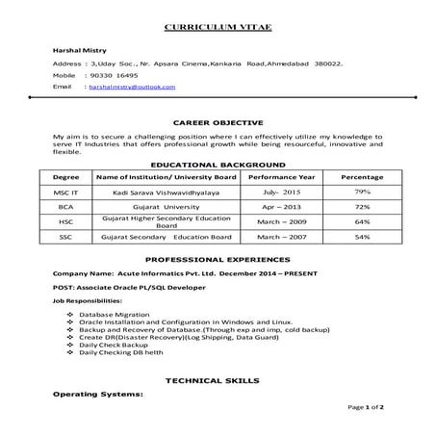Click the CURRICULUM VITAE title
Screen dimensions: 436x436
click(x=218, y=22)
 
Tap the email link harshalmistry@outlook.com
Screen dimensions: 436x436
click(x=131, y=87)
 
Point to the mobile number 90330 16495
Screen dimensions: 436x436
click(x=114, y=74)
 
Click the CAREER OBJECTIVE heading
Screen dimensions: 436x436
click(x=218, y=124)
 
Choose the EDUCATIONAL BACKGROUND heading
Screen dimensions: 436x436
click(x=218, y=166)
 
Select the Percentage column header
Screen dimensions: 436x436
click(x=362, y=178)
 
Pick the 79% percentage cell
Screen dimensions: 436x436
click(x=362, y=192)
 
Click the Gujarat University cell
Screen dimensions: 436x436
click(x=160, y=207)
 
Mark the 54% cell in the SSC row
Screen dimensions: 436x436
click(x=362, y=236)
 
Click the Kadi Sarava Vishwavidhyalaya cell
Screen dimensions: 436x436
click(x=160, y=192)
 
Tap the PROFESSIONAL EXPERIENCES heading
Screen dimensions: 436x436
click(x=218, y=260)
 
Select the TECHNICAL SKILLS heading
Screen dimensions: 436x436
click(x=218, y=381)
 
